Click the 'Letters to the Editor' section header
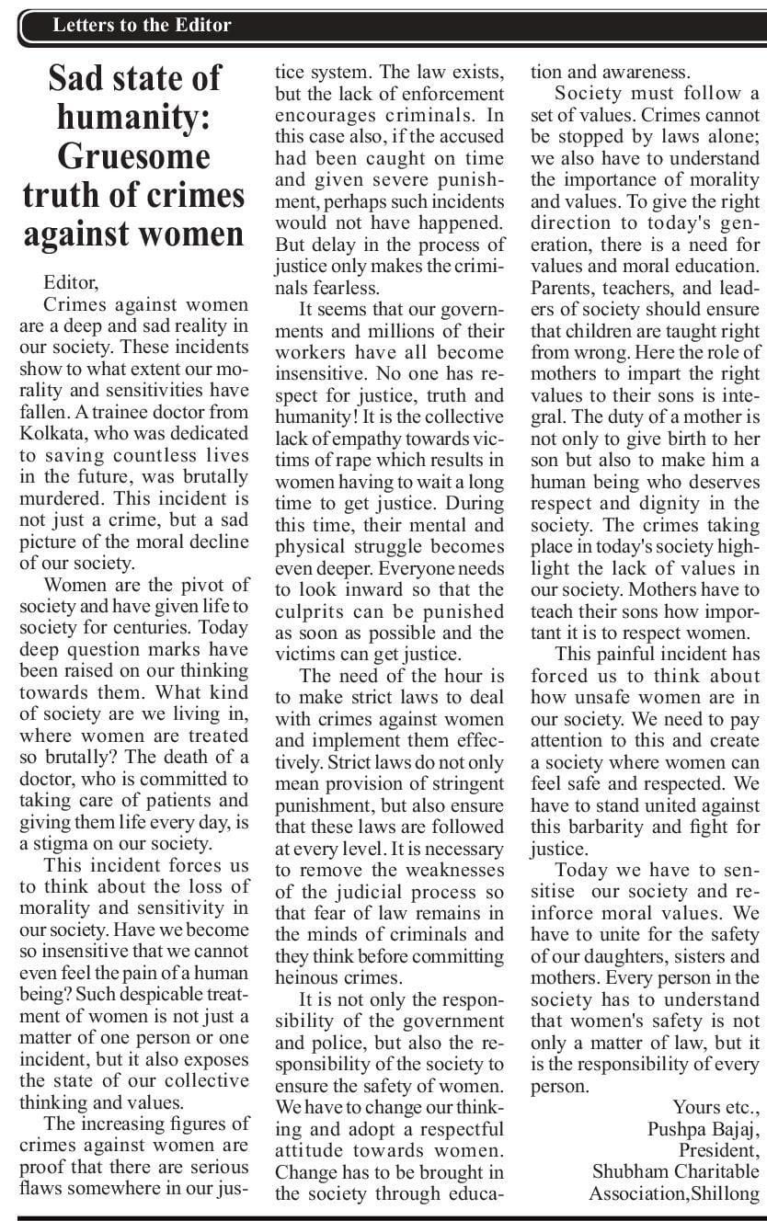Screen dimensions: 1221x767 tap(142, 25)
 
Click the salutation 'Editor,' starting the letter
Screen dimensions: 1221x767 tap(69, 282)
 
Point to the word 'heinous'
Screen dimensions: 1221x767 tap(308, 976)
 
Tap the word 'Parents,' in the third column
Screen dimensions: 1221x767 tap(566, 286)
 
